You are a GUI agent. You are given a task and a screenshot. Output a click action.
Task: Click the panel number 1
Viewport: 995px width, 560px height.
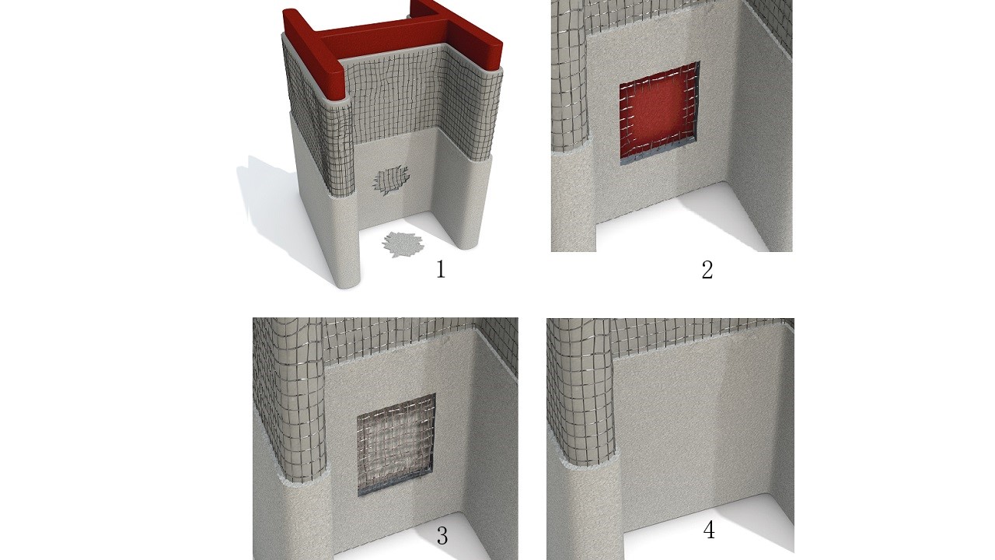click(441, 270)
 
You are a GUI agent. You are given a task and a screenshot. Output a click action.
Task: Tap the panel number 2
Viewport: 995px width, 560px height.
click(707, 270)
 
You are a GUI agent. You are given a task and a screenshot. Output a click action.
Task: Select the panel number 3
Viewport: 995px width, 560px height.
click(442, 536)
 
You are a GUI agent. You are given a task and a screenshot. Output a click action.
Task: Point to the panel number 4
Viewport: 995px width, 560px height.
click(709, 530)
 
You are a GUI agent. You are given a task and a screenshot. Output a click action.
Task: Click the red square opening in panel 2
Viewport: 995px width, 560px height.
click(660, 114)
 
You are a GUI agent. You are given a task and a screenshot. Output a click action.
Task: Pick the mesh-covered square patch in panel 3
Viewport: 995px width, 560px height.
click(396, 444)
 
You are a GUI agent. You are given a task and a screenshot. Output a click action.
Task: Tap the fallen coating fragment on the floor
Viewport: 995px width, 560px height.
click(403, 244)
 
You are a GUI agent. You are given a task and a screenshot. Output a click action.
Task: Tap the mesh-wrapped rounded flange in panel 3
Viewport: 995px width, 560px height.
click(291, 400)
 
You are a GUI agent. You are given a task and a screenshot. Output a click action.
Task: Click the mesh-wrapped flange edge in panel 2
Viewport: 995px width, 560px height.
click(571, 75)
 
